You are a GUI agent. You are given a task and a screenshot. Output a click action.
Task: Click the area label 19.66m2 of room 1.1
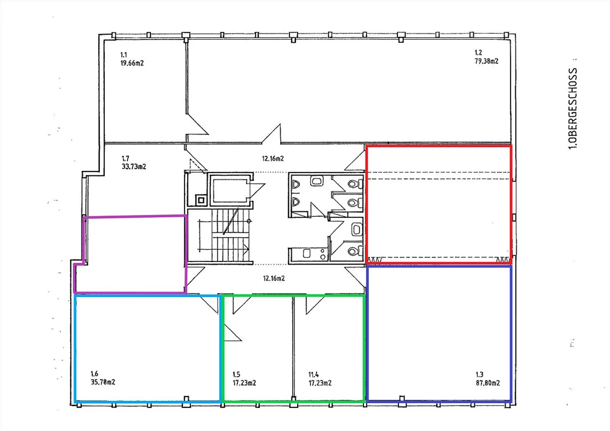pyautogui.click(x=132, y=63)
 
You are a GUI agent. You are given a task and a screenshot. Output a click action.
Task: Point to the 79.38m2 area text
pyautogui.click(x=486, y=61)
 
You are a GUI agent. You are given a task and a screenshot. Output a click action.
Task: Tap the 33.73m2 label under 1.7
pyautogui.click(x=134, y=166)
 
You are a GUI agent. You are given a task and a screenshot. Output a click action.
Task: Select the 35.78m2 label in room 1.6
pyautogui.click(x=103, y=382)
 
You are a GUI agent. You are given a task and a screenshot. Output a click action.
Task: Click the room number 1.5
pyautogui.click(x=236, y=375)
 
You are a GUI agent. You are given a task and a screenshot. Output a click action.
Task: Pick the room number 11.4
pyautogui.click(x=313, y=375)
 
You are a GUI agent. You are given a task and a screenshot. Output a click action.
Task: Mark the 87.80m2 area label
pyautogui.click(x=488, y=383)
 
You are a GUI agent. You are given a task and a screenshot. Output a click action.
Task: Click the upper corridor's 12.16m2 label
pyautogui.click(x=273, y=158)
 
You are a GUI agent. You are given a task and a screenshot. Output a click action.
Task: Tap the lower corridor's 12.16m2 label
pyautogui.click(x=274, y=278)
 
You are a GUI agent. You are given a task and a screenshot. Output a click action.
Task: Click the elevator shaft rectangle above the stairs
pyautogui.click(x=230, y=190)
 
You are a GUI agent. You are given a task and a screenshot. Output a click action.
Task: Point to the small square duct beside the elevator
pyautogui.click(x=201, y=201)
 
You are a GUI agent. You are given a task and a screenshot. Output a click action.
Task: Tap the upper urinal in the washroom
pyautogui.click(x=296, y=185)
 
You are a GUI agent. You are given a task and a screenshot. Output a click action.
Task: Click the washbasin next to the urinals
pyautogui.click(x=316, y=181)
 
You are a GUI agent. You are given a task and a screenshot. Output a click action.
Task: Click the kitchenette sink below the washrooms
pyautogui.click(x=307, y=254)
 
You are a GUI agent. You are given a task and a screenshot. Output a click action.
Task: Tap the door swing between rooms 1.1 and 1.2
pyautogui.click(x=197, y=124)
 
